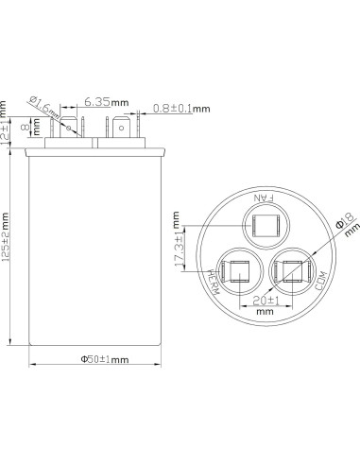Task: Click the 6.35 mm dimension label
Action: (x=99, y=99)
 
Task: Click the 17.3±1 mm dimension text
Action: (x=177, y=249)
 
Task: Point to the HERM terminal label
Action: (x=214, y=283)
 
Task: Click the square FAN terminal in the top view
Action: (x=262, y=225)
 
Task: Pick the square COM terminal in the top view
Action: (x=288, y=272)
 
